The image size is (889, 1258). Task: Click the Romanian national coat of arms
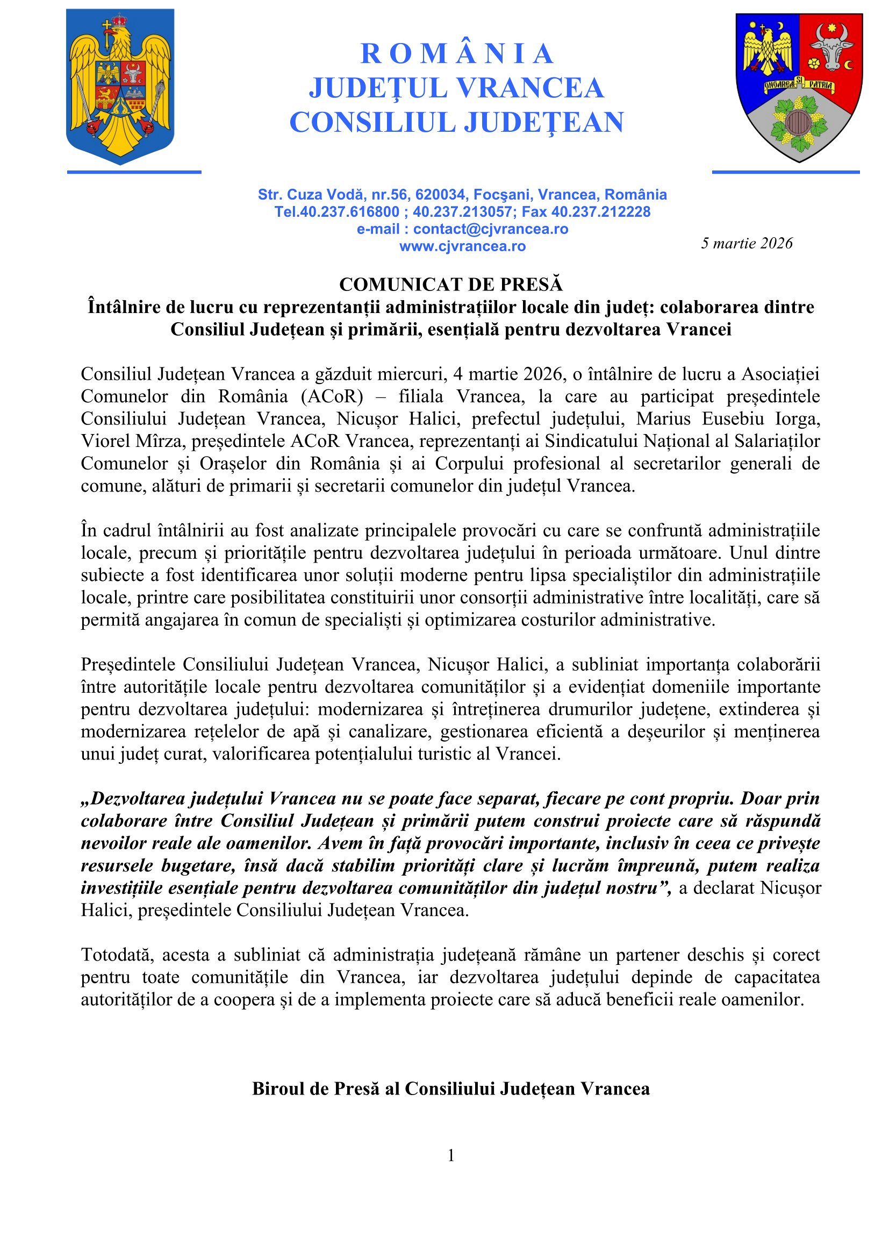pyautogui.click(x=120, y=87)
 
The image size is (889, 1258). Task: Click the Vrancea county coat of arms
pyautogui.click(x=799, y=87)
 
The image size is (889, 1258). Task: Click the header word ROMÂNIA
pyautogui.click(x=456, y=54)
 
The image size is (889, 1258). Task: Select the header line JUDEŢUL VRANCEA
pyautogui.click(x=456, y=88)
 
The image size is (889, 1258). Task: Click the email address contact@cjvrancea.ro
pyautogui.click(x=491, y=229)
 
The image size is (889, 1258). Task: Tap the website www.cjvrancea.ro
pyautogui.click(x=462, y=246)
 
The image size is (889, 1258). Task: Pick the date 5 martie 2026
pyautogui.click(x=747, y=243)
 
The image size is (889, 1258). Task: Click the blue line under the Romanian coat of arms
pyautogui.click(x=134, y=172)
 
